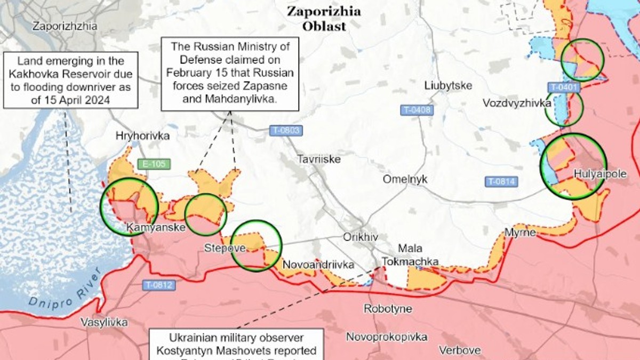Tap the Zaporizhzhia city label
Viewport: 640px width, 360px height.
pyautogui.click(x=65, y=26)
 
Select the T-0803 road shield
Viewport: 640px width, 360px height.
pyautogui.click(x=286, y=130)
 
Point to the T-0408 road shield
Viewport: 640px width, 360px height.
pyautogui.click(x=416, y=110)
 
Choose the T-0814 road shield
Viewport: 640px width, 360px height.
pyautogui.click(x=501, y=181)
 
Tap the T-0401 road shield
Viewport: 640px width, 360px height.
pyautogui.click(x=563, y=87)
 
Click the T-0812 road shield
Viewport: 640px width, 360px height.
pyautogui.click(x=158, y=285)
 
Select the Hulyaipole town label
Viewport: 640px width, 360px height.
pyautogui.click(x=600, y=174)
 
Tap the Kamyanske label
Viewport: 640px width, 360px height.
pyautogui.click(x=156, y=228)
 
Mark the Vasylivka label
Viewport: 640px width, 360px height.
pyautogui.click(x=104, y=322)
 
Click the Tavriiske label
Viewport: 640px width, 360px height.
pyautogui.click(x=319, y=159)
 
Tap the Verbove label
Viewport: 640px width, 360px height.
pyautogui.click(x=460, y=350)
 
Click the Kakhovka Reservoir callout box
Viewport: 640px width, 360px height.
pyautogui.click(x=71, y=80)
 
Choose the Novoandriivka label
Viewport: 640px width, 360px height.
pyautogui.click(x=311, y=265)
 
